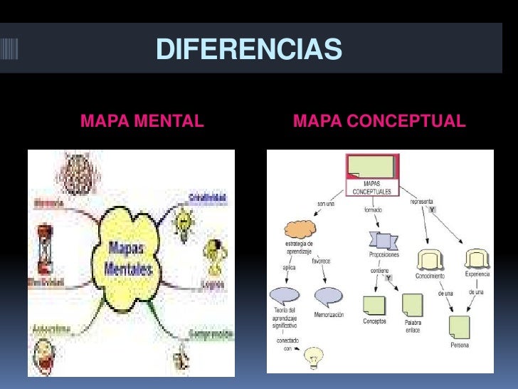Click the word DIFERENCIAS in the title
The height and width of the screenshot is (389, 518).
point(248,50)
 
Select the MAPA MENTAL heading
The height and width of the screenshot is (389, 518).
point(142,121)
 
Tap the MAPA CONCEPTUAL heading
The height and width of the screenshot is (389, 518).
point(379,121)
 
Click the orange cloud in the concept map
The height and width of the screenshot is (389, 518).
point(300,229)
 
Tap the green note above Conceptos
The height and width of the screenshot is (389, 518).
point(374,305)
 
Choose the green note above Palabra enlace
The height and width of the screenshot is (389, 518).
point(412,305)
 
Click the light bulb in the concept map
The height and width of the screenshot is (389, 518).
point(312,358)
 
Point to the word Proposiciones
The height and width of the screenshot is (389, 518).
point(384,255)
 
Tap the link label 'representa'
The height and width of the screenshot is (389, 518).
point(423,202)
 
